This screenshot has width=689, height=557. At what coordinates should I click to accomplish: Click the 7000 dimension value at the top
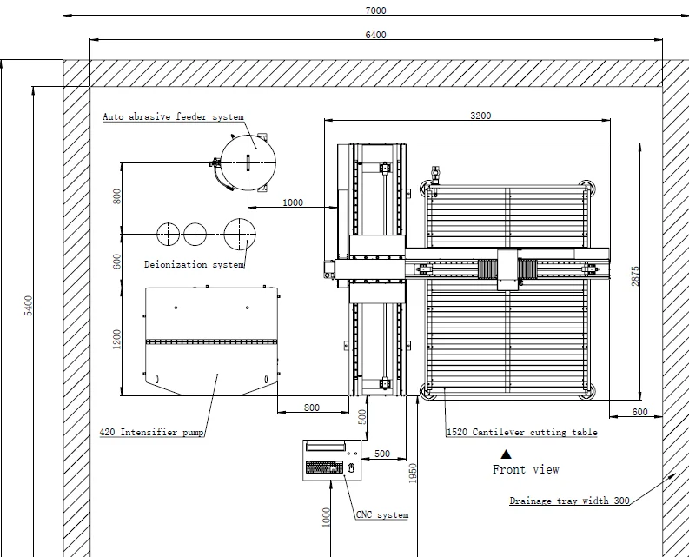pos(375,10)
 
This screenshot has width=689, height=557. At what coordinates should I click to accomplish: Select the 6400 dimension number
pos(375,35)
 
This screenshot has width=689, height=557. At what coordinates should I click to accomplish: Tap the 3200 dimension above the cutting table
pos(480,116)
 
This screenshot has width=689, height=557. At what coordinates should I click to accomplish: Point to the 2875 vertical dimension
pos(635,276)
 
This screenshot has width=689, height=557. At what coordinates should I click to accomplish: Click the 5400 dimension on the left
pos(28,306)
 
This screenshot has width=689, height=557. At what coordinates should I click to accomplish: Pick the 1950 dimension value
pos(412,473)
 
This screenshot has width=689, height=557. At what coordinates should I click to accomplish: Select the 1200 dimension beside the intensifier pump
pos(116,340)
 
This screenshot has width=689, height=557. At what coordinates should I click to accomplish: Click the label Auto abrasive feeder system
pos(173,117)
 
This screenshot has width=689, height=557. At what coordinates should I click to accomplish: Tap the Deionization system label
pos(195,265)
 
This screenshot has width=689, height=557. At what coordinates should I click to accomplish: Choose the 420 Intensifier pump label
pos(151,432)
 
